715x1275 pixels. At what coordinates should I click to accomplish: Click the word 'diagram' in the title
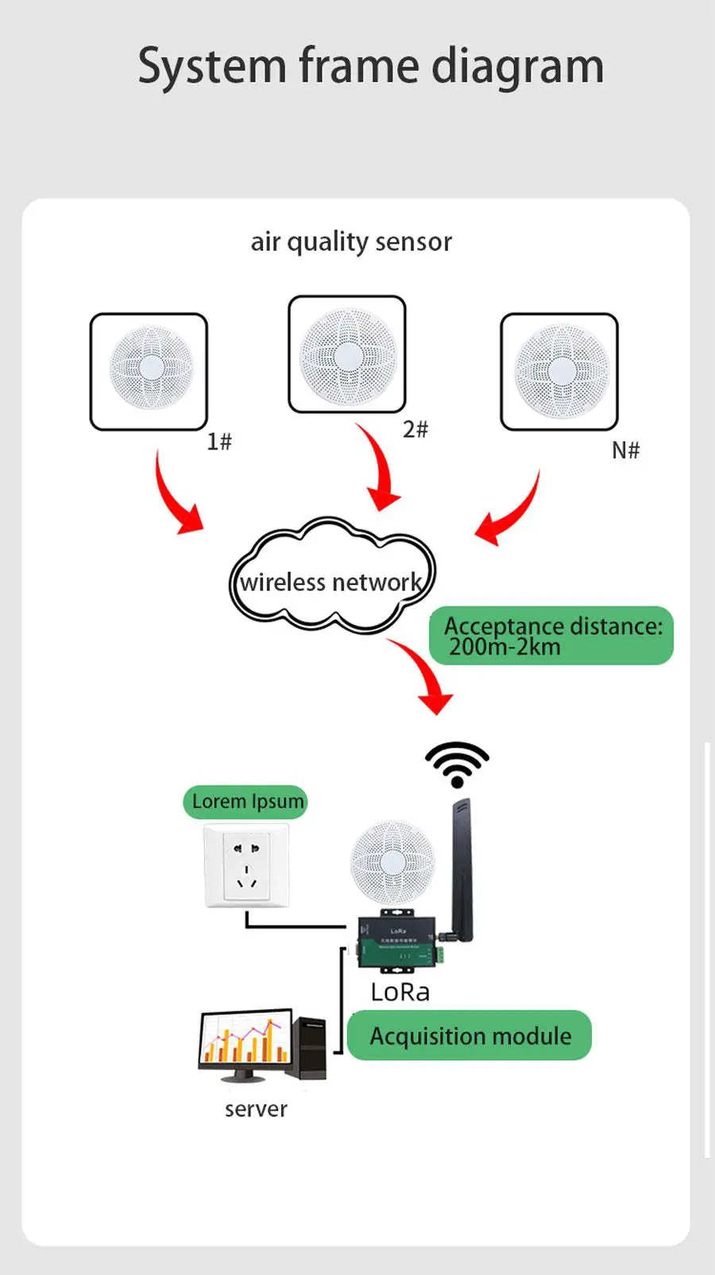point(517,67)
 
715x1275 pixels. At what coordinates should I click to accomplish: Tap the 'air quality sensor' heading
point(351,241)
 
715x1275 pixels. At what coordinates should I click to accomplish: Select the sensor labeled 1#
point(149,371)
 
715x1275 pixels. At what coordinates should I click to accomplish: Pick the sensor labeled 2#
point(347,354)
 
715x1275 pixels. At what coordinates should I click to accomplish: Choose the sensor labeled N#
point(559,371)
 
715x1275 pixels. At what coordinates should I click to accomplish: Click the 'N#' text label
point(625,451)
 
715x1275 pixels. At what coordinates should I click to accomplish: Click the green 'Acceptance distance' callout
point(551,636)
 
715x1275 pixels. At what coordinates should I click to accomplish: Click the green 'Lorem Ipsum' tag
point(246,802)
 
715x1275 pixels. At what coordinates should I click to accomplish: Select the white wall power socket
point(247,865)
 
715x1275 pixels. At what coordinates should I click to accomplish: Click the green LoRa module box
point(397,944)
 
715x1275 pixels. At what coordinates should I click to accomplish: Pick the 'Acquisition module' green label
point(470,1036)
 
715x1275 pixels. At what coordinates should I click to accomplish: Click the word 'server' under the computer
point(256,1109)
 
